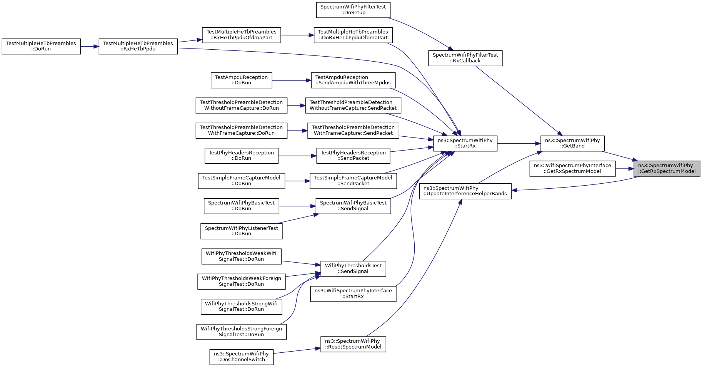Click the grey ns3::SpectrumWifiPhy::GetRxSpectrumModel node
[667, 169]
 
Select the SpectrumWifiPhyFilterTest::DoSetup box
[353, 10]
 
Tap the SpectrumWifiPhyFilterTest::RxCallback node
[465, 58]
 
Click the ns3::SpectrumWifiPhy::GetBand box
[572, 143]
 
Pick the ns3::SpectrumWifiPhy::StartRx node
[465, 143]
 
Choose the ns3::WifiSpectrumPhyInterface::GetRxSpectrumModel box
[572, 169]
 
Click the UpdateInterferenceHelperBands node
[465, 191]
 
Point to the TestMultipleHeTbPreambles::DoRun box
[41, 47]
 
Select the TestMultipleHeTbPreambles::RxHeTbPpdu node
[138, 47]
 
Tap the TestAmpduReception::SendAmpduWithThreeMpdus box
[353, 80]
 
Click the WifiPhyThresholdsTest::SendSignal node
[353, 268]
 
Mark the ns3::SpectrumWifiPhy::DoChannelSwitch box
[242, 357]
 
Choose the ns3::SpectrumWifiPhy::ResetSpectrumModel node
[353, 344]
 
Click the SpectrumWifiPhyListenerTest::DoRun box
[242, 231]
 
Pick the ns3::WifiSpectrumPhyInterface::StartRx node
[353, 294]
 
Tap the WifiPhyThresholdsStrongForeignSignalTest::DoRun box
[242, 332]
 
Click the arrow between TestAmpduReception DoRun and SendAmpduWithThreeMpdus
[292, 80]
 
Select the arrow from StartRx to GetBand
[519, 143]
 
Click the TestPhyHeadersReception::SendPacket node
[353, 156]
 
